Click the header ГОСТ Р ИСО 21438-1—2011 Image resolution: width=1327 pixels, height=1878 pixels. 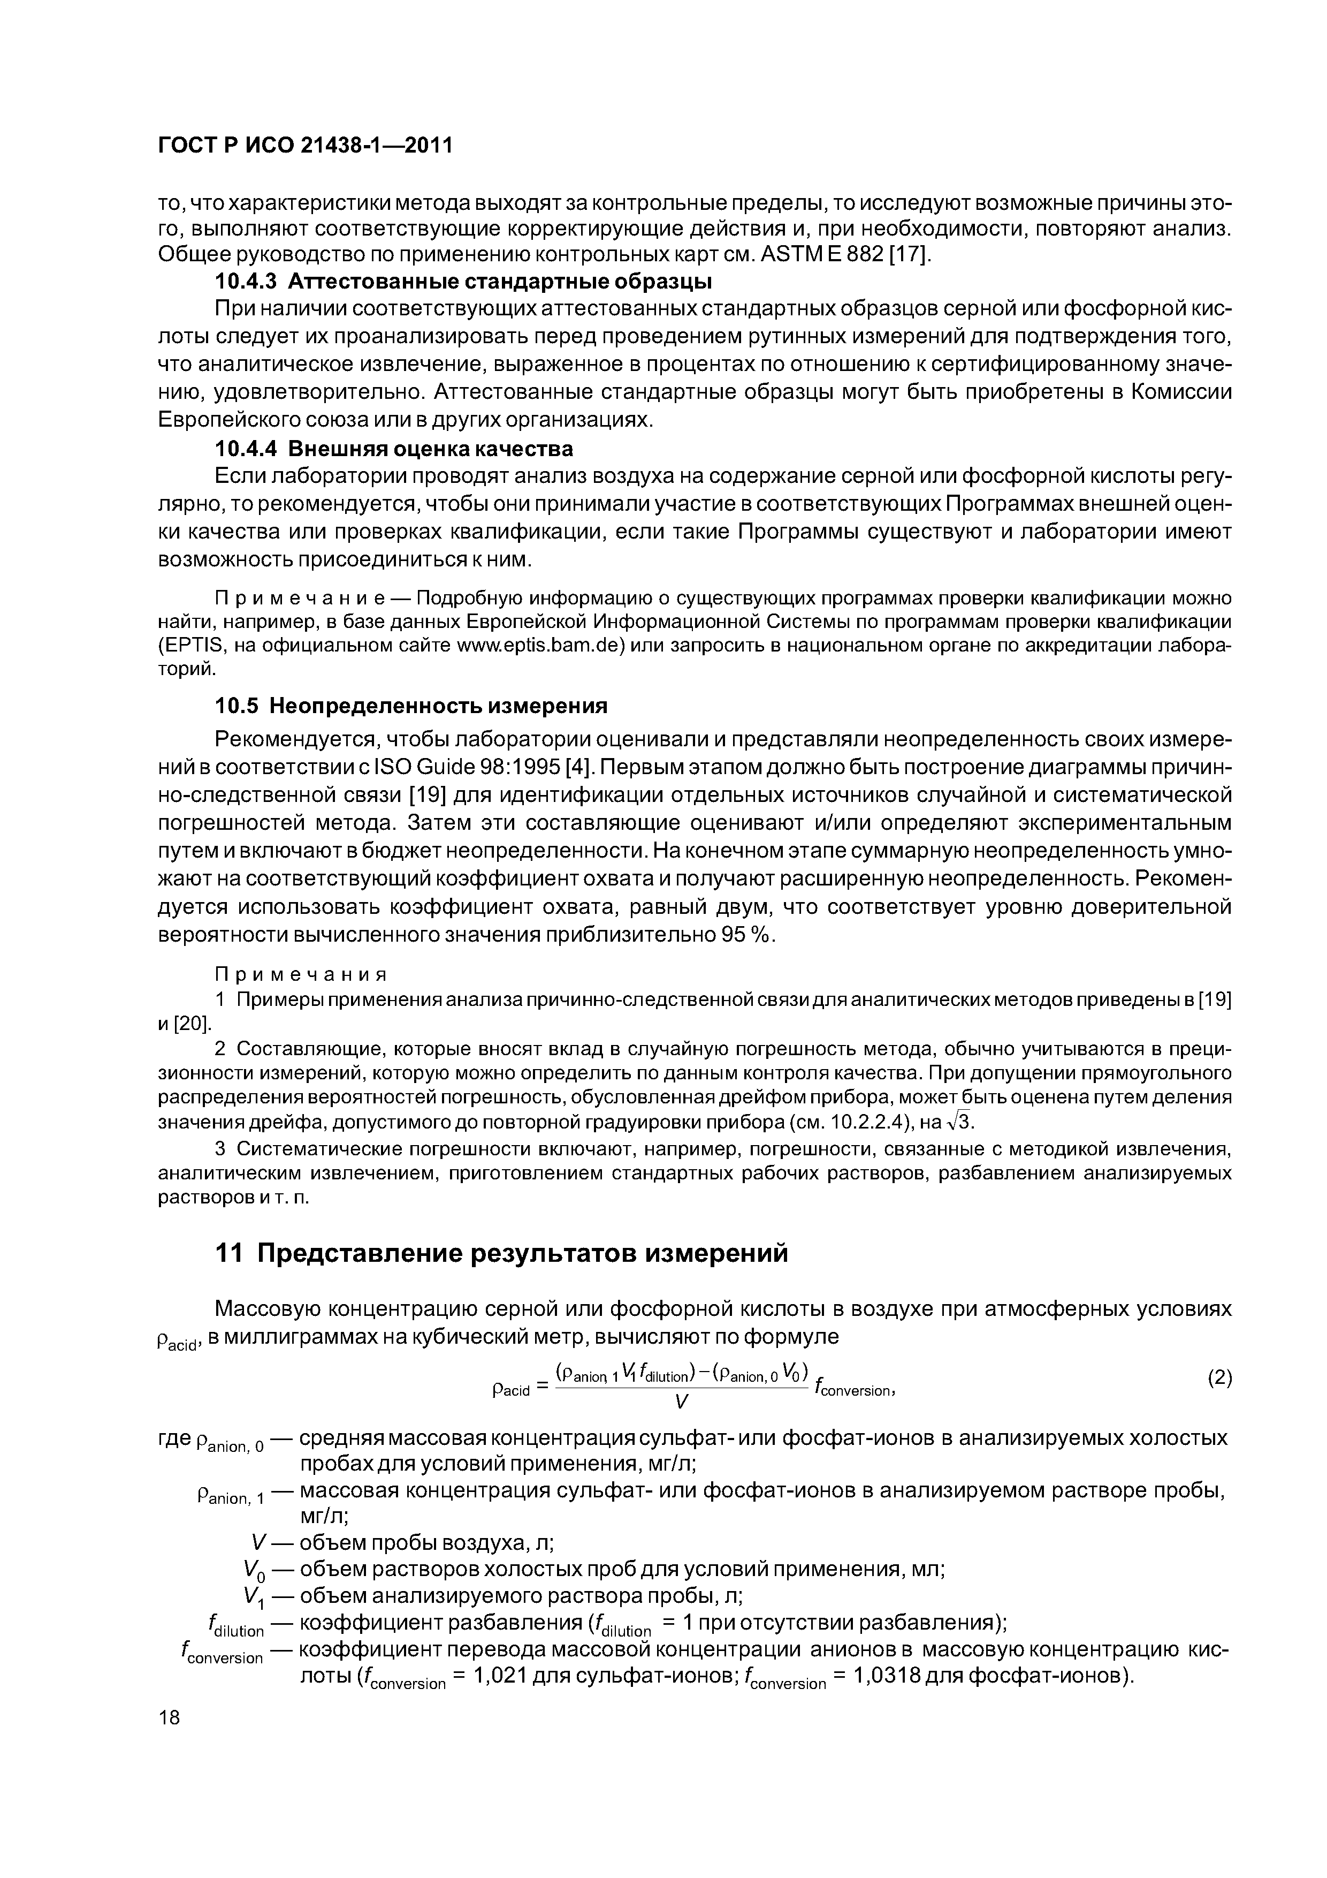tap(304, 145)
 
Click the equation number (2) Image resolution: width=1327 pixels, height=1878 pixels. tap(1219, 1378)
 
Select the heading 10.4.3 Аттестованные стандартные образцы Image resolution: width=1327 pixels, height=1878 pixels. tap(463, 282)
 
